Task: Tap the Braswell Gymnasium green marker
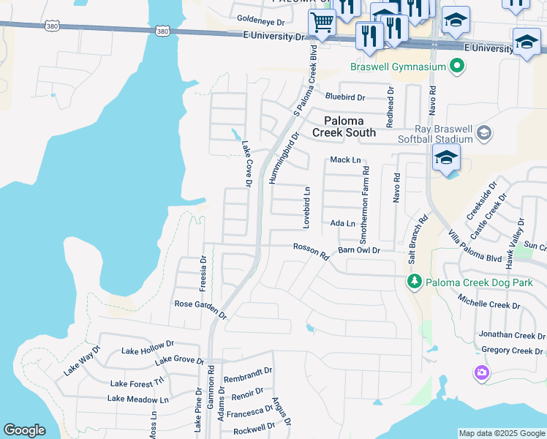pyautogui.click(x=458, y=67)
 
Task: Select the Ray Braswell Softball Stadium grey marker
pyautogui.click(x=483, y=133)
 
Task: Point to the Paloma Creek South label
pyautogui.click(x=344, y=127)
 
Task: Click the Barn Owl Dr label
pyautogui.click(x=360, y=250)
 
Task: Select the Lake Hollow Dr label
pyautogui.click(x=148, y=348)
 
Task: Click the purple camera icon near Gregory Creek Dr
pyautogui.click(x=480, y=373)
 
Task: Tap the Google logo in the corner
pyautogui.click(x=25, y=431)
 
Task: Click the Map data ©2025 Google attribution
pyautogui.click(x=502, y=433)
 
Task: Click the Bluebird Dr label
pyautogui.click(x=345, y=97)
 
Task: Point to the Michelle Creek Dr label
pyautogui.click(x=488, y=300)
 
